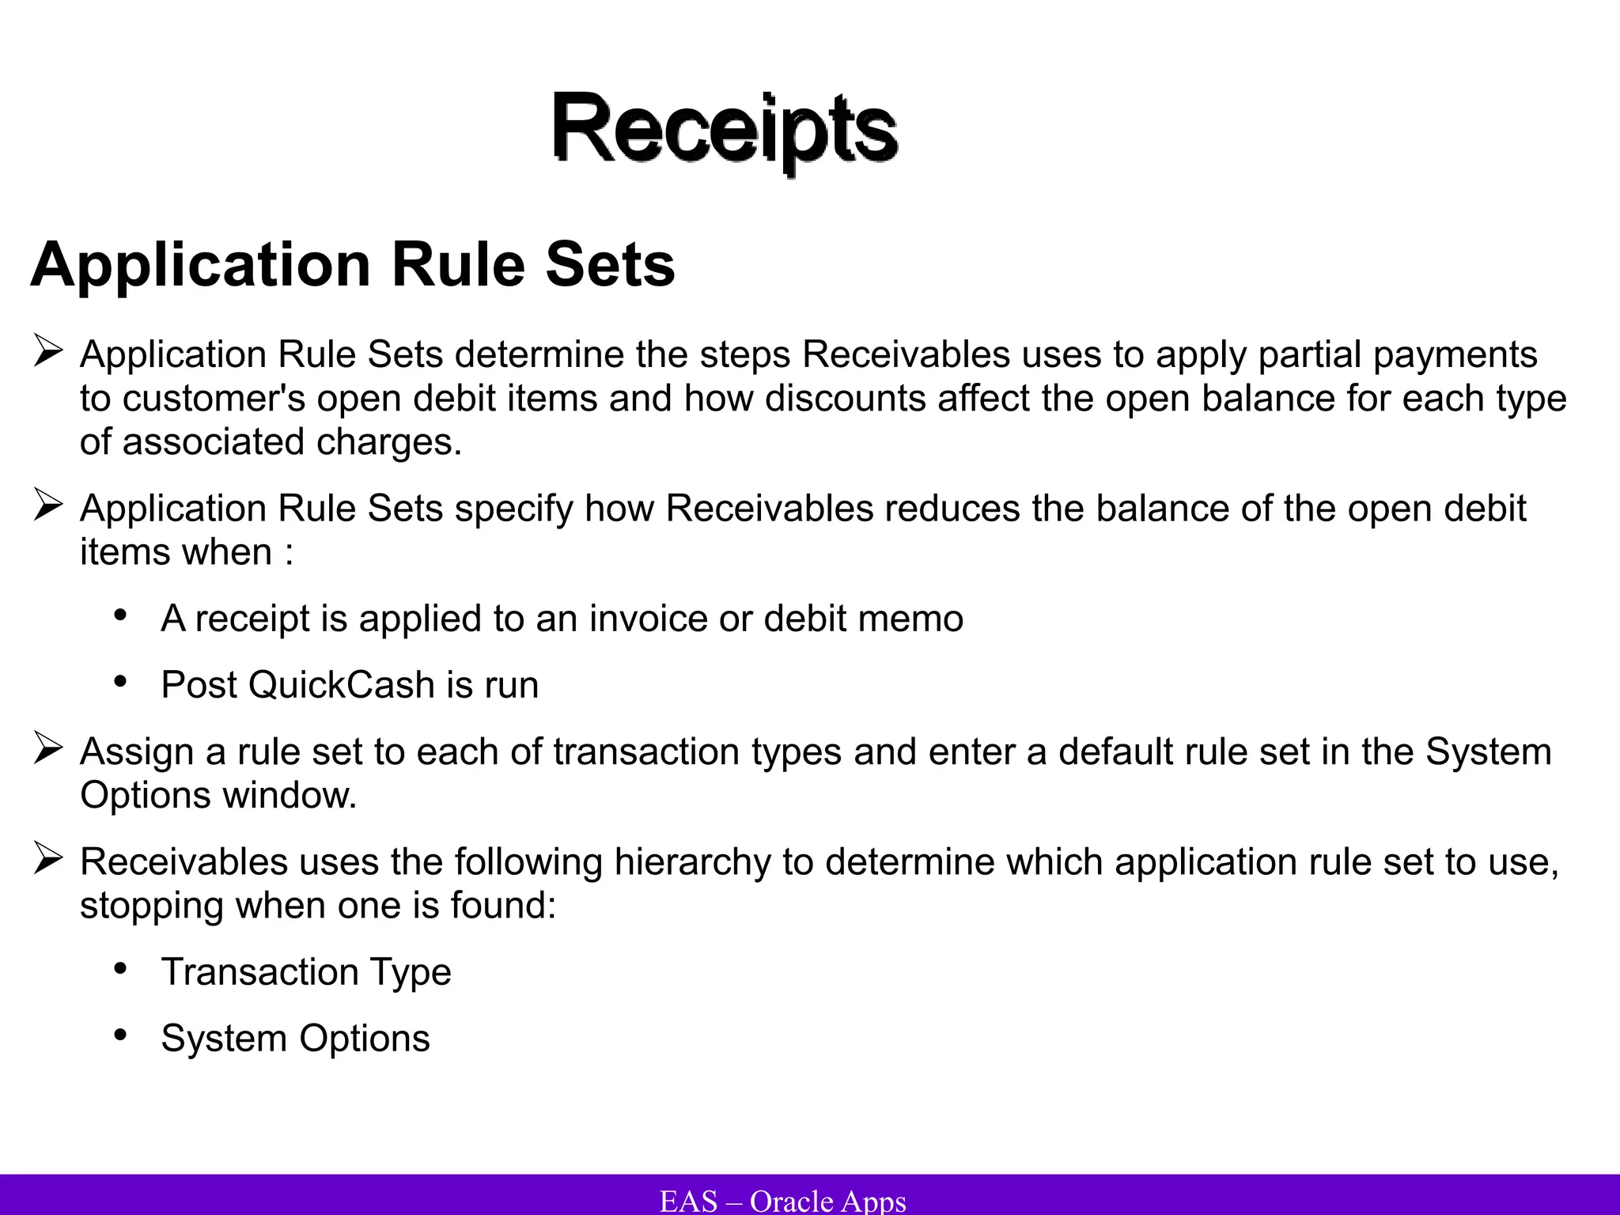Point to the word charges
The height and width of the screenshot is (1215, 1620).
[x=388, y=441]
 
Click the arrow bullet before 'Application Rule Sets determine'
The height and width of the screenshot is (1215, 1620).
[x=48, y=351]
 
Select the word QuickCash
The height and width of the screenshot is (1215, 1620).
[x=341, y=685]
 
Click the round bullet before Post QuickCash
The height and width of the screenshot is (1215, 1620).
[x=120, y=681]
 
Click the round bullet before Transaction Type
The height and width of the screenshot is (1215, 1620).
[x=120, y=968]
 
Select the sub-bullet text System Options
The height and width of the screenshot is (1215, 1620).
[x=295, y=1039]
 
